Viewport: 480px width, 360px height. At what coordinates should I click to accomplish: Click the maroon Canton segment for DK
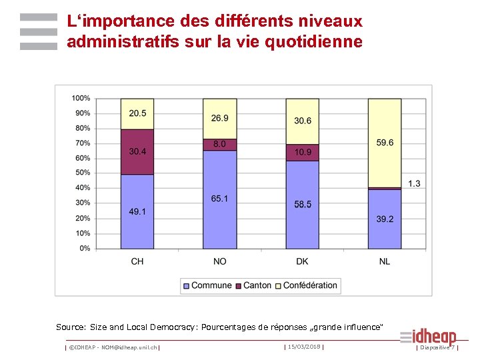tap(303, 153)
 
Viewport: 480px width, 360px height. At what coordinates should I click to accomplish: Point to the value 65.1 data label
tap(220, 199)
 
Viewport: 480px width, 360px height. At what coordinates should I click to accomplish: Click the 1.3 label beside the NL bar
tap(414, 183)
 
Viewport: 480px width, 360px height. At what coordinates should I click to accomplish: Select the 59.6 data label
tap(385, 142)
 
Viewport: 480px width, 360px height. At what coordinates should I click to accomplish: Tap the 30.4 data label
tap(137, 152)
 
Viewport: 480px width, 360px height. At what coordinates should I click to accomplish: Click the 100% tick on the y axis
tap(81, 99)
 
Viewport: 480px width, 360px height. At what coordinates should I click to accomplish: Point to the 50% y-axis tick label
tap(83, 173)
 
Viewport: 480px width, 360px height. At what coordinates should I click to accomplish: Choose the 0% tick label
tap(85, 249)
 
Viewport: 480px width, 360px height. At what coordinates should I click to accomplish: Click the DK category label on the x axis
tap(303, 261)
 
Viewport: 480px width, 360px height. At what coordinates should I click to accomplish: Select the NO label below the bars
tap(220, 261)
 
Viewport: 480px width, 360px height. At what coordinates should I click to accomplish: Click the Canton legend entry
tap(257, 285)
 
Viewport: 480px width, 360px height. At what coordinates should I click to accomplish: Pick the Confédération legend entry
tap(310, 285)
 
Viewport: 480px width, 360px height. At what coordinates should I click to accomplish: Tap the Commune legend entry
tap(211, 285)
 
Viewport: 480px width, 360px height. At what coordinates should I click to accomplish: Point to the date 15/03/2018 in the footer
tap(303, 347)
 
